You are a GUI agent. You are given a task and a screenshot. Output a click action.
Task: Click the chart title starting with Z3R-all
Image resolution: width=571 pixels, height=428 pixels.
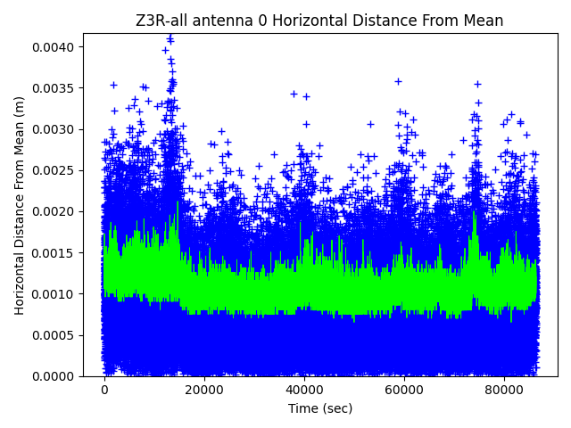pos(319,21)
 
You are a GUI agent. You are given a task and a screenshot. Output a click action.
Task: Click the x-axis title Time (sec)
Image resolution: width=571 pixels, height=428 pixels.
pos(319,408)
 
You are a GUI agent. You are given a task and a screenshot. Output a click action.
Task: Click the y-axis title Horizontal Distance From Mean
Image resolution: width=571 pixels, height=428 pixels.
pos(20,205)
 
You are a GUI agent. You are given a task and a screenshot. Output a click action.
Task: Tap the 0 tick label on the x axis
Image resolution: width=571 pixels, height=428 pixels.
pos(104,390)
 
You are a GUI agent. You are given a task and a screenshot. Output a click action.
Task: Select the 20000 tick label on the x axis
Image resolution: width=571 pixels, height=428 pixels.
pos(203,390)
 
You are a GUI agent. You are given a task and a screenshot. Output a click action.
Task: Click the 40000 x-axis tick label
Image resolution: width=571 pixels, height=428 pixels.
pos(303,390)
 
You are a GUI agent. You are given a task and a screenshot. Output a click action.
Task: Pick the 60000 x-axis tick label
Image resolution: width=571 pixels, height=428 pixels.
pos(403,390)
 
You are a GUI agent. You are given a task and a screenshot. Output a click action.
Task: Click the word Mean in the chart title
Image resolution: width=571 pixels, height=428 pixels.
pos(484,21)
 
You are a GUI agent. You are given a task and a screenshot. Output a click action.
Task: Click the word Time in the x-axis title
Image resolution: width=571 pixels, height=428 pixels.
pos(302,408)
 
